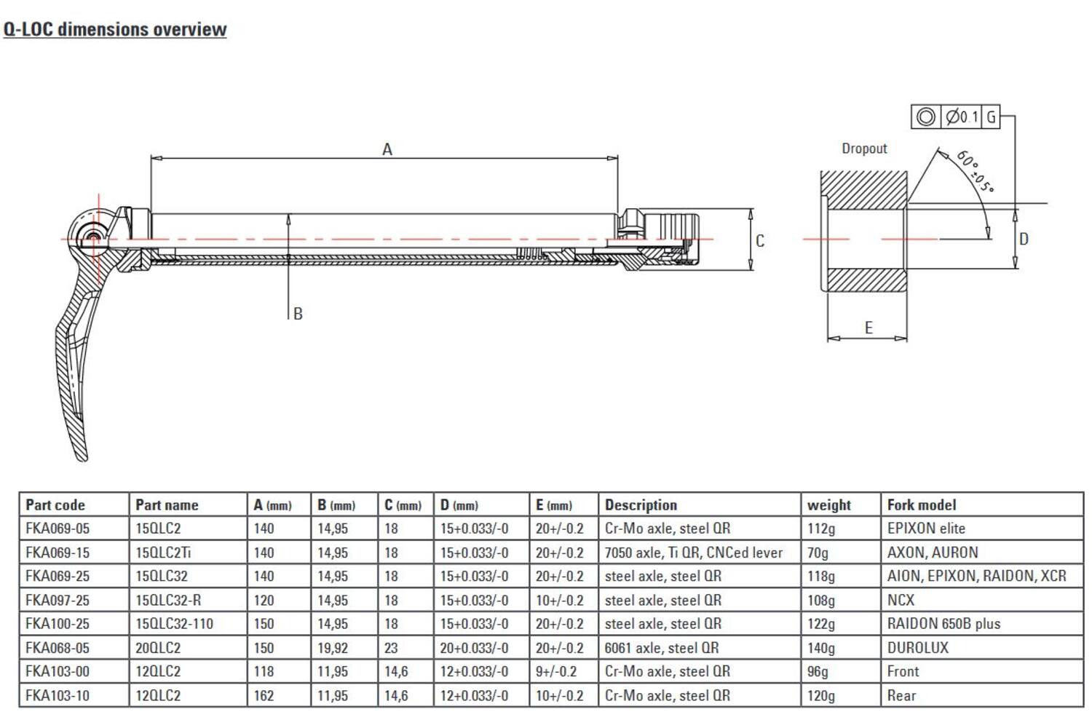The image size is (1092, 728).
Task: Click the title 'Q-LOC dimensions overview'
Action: pyautogui.click(x=115, y=29)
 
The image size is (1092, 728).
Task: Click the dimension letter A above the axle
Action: pyautogui.click(x=387, y=149)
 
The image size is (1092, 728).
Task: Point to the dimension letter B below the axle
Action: pyautogui.click(x=298, y=314)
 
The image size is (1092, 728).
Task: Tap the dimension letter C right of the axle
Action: pyautogui.click(x=760, y=241)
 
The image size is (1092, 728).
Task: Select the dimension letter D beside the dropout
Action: pyautogui.click(x=1024, y=239)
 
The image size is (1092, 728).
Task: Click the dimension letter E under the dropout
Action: pyautogui.click(x=868, y=328)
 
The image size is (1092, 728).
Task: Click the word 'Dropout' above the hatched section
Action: pyautogui.click(x=864, y=149)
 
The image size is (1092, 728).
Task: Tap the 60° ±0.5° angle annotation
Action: pyautogui.click(x=974, y=172)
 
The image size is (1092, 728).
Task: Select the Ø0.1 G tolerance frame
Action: pyautogui.click(x=955, y=116)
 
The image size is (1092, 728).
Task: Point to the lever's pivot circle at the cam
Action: pyautogui.click(x=92, y=236)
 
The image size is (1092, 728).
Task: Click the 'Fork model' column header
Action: pyautogui.click(x=921, y=505)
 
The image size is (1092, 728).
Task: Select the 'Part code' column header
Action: pyautogui.click(x=55, y=505)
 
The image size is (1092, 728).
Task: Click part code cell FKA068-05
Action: pyautogui.click(x=58, y=648)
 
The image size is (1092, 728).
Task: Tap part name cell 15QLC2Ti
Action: pyautogui.click(x=163, y=553)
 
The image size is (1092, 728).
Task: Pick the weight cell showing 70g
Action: pyautogui.click(x=818, y=553)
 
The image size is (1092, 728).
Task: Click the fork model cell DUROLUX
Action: pyautogui.click(x=917, y=648)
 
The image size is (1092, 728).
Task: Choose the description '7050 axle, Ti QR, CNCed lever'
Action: pyautogui.click(x=693, y=553)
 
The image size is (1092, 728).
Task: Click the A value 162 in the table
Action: pyautogui.click(x=264, y=696)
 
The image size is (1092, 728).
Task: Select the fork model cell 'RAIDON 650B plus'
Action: pyautogui.click(x=943, y=624)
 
